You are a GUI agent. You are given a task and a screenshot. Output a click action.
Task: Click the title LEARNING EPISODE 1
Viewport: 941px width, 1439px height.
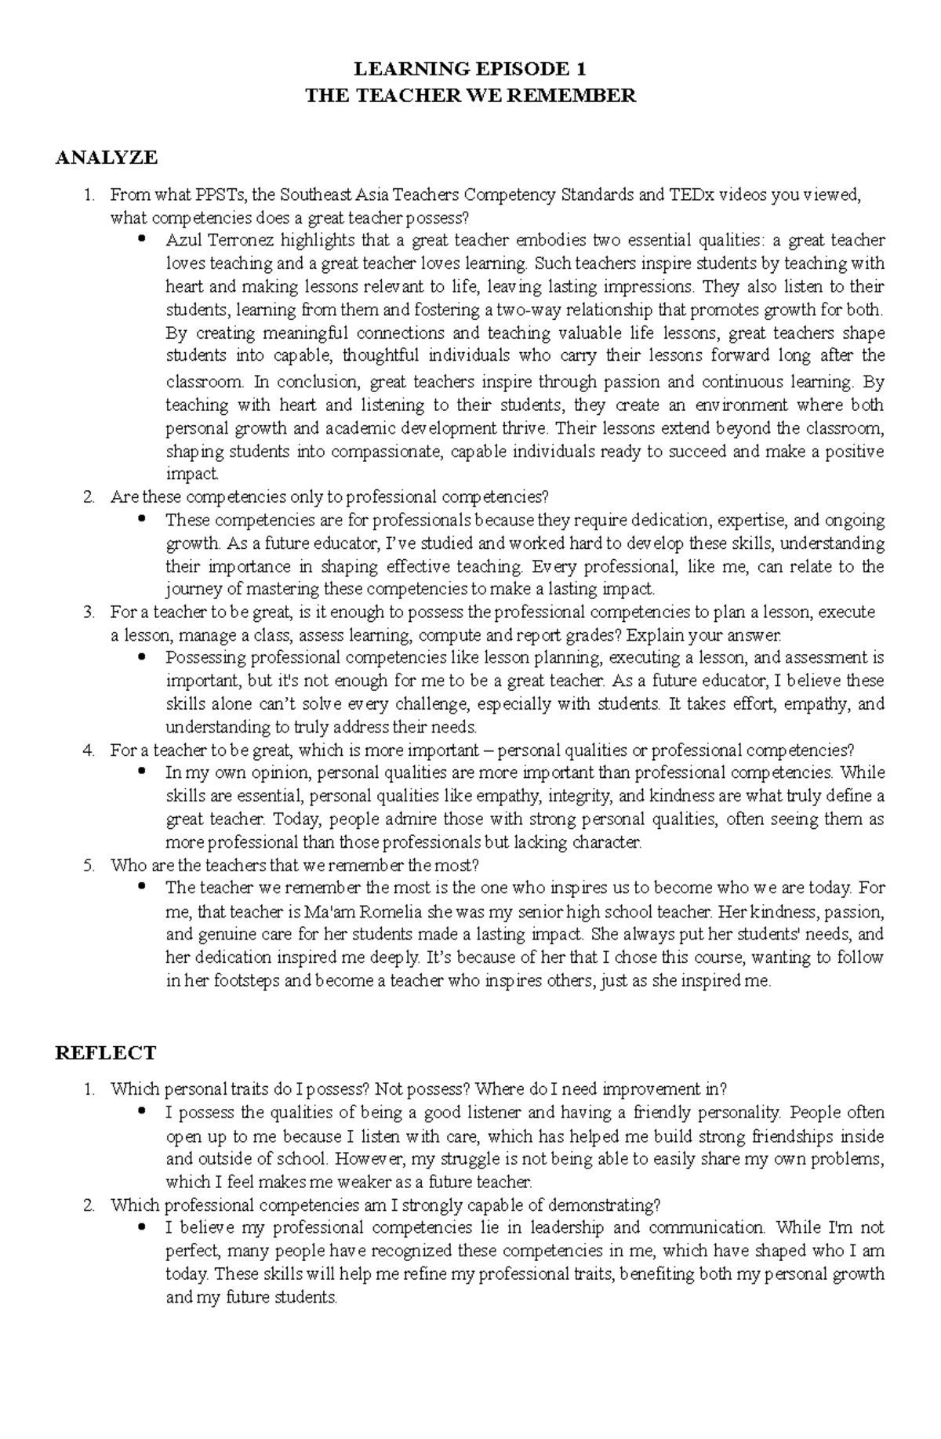coord(470,68)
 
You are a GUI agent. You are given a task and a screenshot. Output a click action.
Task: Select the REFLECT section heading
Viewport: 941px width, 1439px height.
coord(106,1052)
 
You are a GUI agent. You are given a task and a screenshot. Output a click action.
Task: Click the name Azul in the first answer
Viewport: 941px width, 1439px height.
coord(181,240)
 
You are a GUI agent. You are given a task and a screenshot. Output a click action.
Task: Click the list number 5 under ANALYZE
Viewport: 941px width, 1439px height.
coord(89,866)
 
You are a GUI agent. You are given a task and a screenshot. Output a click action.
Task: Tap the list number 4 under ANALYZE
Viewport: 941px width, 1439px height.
coord(89,750)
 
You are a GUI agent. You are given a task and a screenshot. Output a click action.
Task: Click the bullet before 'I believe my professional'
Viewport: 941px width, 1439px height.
coord(142,1226)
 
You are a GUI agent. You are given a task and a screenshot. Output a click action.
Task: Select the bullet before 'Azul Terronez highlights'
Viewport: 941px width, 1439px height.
coord(142,239)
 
